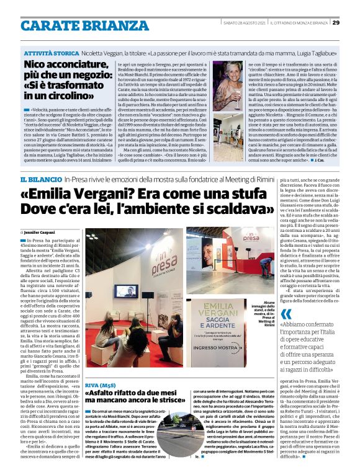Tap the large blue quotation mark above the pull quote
pyautogui.click(x=285, y=315)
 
